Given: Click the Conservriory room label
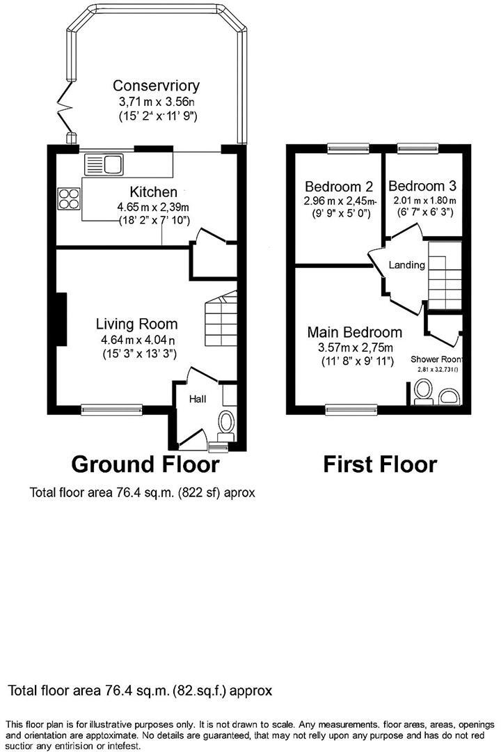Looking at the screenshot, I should tap(157, 86).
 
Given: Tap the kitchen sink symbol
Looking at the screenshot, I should tap(103, 165).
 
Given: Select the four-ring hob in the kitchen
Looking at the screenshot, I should tap(70, 200).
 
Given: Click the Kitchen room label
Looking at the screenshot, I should tap(153, 191).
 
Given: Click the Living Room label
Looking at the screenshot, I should tap(136, 324).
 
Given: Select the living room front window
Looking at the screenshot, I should tap(111, 410).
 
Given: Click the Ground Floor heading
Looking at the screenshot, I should tap(145, 464).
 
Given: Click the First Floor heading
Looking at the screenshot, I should tap(379, 464).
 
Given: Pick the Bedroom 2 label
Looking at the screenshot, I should tap(339, 187).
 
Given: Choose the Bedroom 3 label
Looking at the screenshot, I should tap(422, 186).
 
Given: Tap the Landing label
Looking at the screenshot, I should tap(407, 265).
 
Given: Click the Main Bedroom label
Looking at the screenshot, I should tap(354, 332).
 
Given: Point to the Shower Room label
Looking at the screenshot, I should tap(439, 359).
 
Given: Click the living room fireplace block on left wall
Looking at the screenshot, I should tap(61, 319).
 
